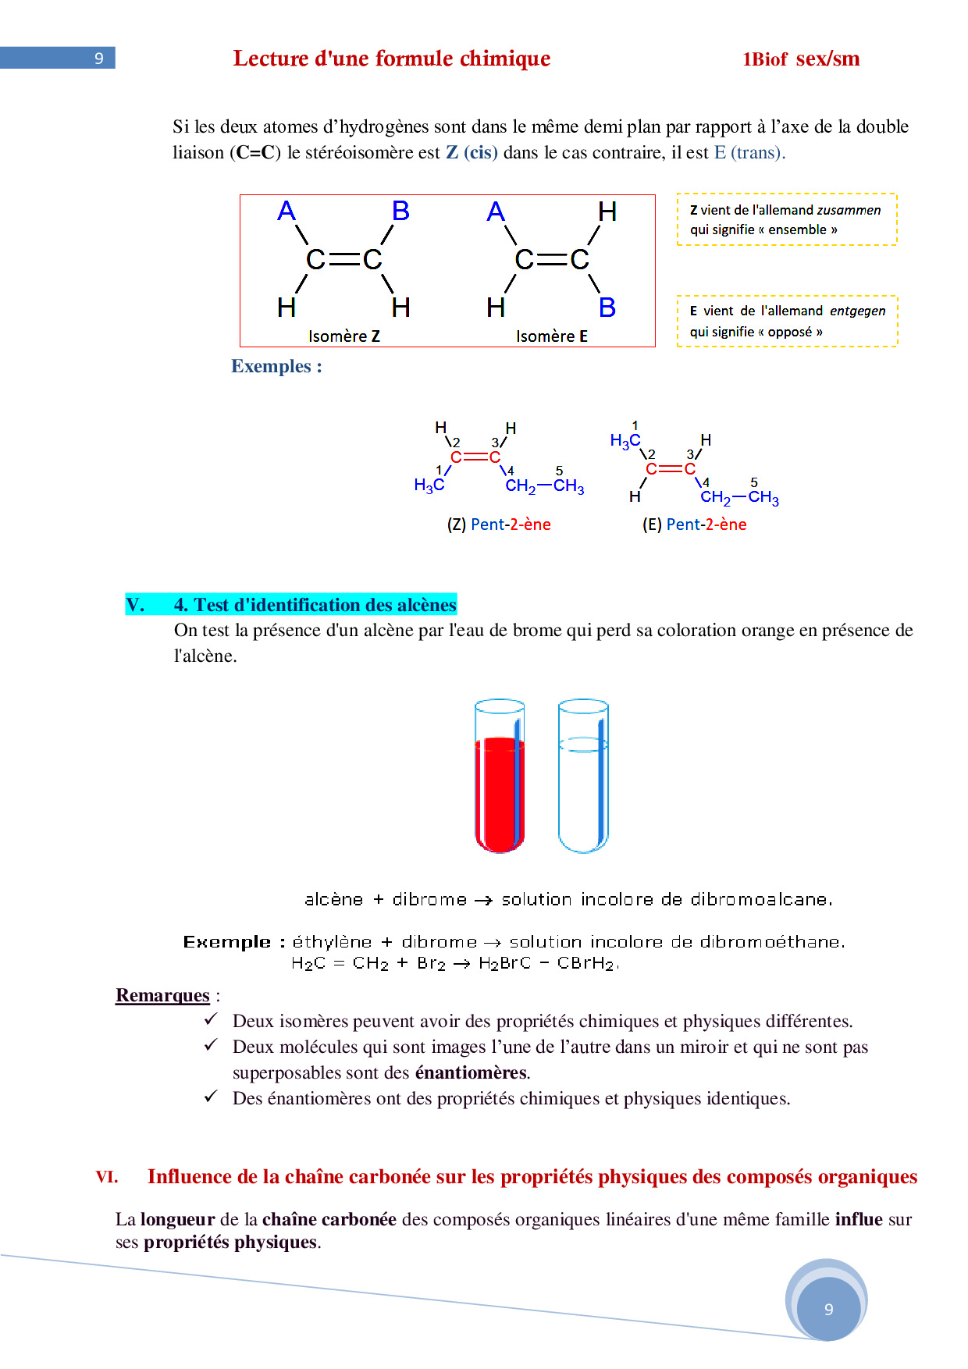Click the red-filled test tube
pos(500,788)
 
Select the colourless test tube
pos(583,781)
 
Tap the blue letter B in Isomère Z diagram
pos(400,211)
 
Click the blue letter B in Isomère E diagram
pos(607,308)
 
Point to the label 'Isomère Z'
pos(344,336)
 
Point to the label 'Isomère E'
pos(552,336)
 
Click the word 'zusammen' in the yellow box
pos(849,210)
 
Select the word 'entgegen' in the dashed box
pos(857,311)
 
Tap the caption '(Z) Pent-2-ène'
pos(499,524)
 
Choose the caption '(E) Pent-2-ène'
pos(694,524)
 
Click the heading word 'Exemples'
pos(271,366)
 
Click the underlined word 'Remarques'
pos(162,995)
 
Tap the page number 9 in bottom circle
pos(828,1309)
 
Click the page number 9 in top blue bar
pos(99,59)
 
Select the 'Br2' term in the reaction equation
pos(431,963)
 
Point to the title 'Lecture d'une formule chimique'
pos(392,59)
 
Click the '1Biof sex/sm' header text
pos(801,59)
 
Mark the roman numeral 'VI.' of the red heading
pos(107,1176)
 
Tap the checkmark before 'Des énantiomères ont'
pos(211,1097)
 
